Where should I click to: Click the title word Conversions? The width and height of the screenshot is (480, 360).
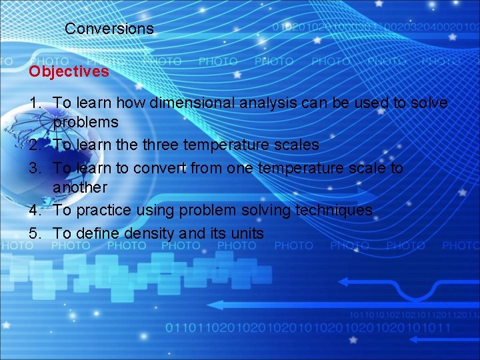(x=109, y=29)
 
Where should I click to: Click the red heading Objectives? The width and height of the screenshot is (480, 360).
(x=69, y=71)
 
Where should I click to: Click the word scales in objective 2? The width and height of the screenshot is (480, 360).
(x=296, y=145)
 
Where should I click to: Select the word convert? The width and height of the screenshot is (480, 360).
(x=163, y=167)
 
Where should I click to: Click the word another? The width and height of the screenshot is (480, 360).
(x=80, y=187)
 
